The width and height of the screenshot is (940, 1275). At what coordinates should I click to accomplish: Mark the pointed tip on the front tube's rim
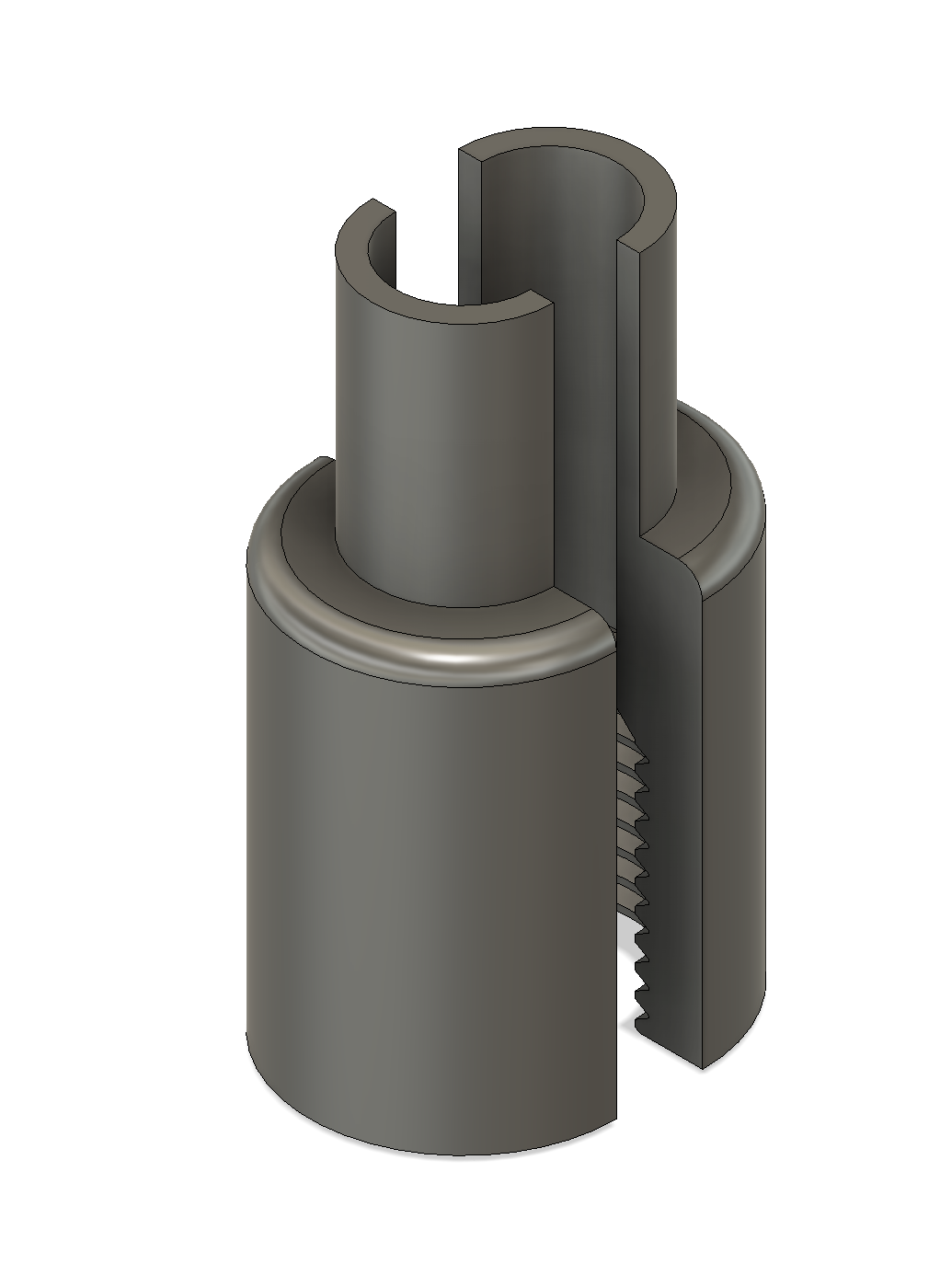tap(373, 200)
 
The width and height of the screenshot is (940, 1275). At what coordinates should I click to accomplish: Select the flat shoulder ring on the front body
tap(322, 552)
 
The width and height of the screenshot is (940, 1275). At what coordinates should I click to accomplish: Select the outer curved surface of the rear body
tap(736, 782)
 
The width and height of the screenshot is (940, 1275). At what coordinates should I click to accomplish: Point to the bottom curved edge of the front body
tap(432, 1154)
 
